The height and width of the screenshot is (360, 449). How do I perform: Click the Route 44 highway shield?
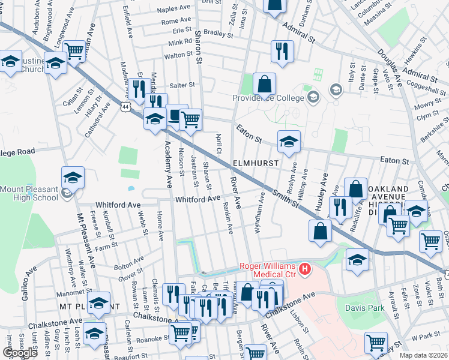[125, 106]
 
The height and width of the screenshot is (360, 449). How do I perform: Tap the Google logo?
[20, 353]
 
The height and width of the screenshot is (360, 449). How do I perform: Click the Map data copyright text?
[423, 355]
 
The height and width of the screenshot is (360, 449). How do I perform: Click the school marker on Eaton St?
[289, 142]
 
